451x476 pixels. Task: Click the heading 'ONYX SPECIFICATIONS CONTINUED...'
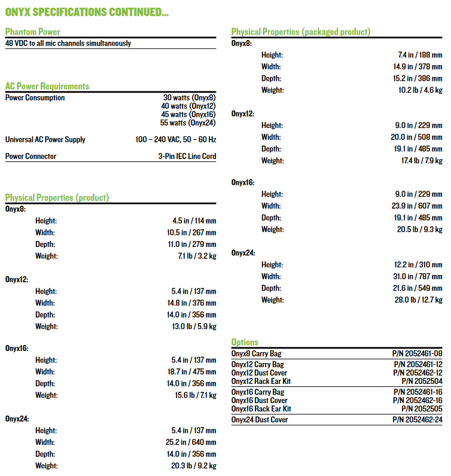(x=87, y=11)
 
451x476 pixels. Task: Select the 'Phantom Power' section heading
(x=32, y=32)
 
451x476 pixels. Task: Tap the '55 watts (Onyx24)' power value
(x=188, y=123)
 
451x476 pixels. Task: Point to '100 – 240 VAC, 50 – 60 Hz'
(x=176, y=139)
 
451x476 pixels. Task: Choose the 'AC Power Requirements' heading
(x=47, y=86)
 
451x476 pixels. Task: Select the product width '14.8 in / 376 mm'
(x=194, y=303)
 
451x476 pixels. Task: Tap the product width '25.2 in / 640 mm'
(x=194, y=443)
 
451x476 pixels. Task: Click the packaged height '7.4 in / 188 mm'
(x=420, y=55)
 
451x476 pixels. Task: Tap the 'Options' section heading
(x=245, y=342)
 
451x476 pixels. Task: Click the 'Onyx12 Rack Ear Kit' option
(x=262, y=381)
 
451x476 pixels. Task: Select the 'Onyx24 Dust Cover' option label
(x=260, y=420)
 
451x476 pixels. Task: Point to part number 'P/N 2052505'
(x=422, y=409)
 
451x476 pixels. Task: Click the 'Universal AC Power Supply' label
(x=45, y=139)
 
